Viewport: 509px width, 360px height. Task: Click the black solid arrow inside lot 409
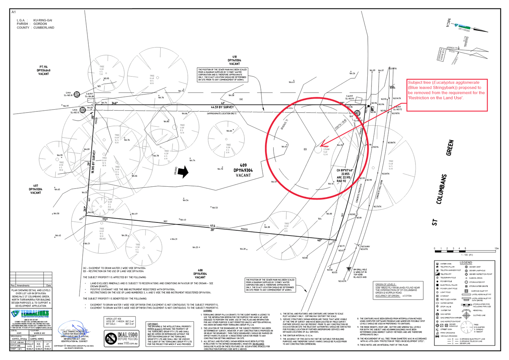coord(183,172)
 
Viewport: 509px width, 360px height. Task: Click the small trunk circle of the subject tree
coord(317,149)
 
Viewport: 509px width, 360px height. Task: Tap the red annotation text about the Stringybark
coord(446,90)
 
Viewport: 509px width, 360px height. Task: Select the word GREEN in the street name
coord(450,148)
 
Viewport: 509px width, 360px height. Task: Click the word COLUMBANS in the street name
coord(441,189)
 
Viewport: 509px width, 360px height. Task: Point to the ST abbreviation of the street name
coord(434,222)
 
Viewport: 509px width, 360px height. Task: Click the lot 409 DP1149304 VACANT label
coord(243,170)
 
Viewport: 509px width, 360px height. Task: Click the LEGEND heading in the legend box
coord(465,263)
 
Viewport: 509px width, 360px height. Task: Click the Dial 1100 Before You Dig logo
coord(121,338)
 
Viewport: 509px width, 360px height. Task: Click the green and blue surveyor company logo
coord(30,314)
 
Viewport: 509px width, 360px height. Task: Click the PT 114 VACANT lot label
coord(43,70)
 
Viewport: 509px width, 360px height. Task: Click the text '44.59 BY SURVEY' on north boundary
coord(222,107)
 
